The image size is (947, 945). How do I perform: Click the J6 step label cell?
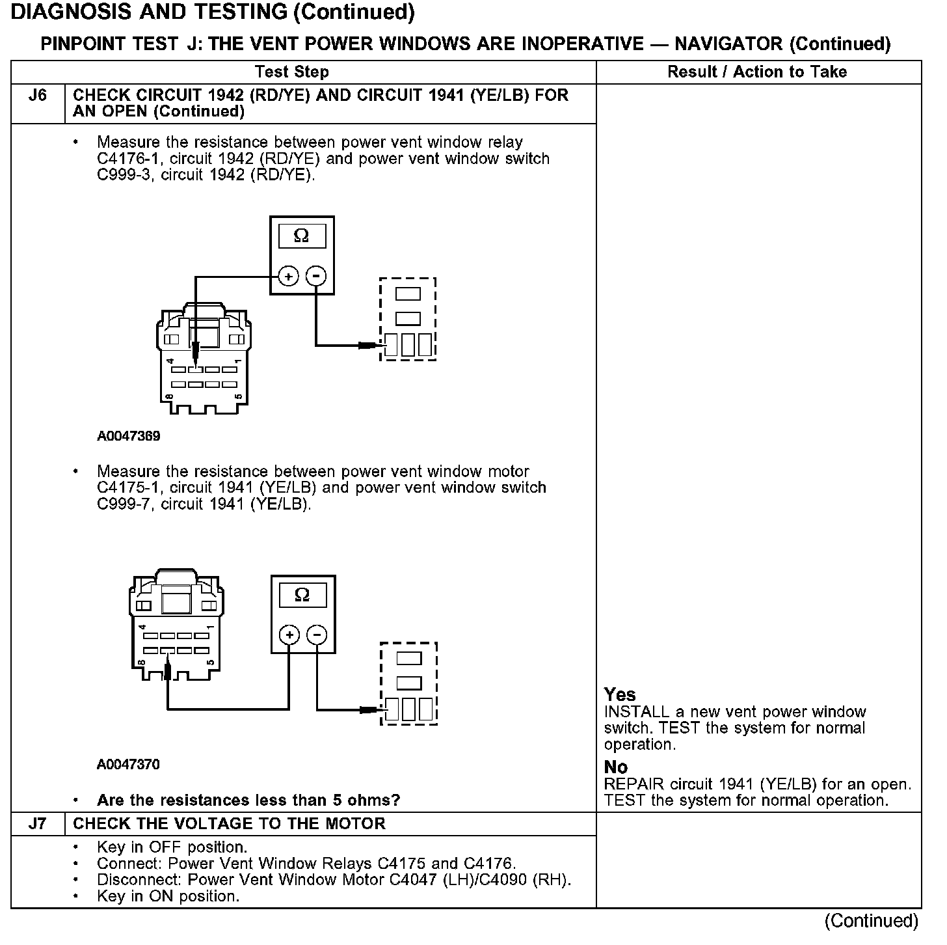[38, 96]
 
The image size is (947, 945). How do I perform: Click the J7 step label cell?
[38, 824]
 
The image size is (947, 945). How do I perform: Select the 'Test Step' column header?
[292, 72]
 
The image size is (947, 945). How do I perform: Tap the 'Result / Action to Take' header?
[757, 72]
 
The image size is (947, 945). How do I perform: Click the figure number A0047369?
[129, 436]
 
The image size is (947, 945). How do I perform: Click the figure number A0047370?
[128, 764]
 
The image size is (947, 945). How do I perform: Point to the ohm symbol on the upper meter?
[301, 236]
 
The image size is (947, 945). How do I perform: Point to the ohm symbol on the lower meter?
[302, 594]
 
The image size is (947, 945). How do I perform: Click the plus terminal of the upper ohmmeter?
[289, 277]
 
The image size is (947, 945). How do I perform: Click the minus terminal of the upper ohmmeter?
[316, 277]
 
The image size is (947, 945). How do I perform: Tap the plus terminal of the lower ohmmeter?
[289, 635]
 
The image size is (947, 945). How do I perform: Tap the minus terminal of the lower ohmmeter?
[317, 635]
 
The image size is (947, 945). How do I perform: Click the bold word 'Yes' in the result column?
[620, 694]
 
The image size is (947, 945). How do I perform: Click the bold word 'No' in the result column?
[616, 767]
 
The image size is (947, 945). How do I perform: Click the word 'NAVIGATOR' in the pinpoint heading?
[728, 44]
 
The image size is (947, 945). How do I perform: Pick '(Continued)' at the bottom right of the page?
[872, 921]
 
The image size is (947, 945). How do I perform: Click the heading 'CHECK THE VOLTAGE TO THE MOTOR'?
[229, 824]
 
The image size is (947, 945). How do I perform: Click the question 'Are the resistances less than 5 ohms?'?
[248, 800]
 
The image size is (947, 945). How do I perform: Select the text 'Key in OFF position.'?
[172, 847]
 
